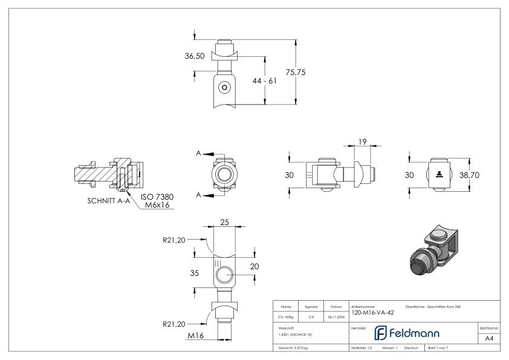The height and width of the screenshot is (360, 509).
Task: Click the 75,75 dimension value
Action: pos(296,72)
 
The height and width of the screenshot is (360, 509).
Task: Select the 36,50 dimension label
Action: pos(195,56)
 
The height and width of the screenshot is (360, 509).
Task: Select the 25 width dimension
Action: pos(224,223)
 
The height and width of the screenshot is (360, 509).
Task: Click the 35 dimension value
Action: pos(195,273)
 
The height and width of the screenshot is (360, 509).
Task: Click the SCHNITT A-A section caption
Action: pos(109,201)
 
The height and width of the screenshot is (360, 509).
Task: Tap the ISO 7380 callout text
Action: pos(156,197)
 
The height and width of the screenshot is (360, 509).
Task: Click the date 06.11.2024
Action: pos(337,316)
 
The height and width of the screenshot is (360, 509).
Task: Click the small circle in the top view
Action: pos(225,87)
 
